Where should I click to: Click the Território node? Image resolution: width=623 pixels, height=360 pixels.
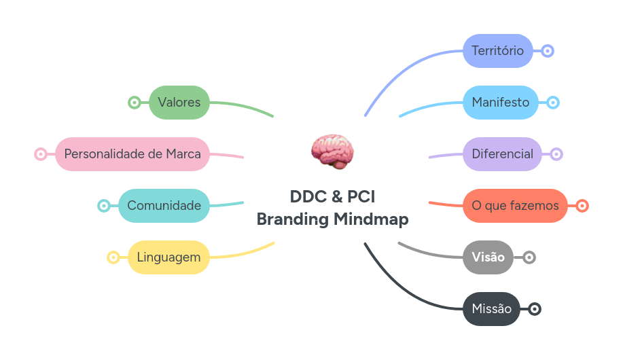point(497,51)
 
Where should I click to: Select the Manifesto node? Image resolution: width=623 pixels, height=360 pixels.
point(500,103)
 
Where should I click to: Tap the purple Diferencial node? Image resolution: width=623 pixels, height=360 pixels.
point(502,154)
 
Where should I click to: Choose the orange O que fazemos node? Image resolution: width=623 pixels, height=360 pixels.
point(515,206)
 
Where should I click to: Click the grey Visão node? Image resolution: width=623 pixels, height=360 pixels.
point(488,257)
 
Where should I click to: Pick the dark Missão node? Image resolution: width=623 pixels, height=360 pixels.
point(491,309)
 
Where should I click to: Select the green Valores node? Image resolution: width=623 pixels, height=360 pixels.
point(179,103)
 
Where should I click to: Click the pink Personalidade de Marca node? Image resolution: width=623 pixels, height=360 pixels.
point(132,154)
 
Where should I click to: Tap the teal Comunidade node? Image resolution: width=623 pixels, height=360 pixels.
point(164,206)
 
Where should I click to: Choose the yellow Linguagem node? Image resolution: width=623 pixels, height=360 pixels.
point(168,257)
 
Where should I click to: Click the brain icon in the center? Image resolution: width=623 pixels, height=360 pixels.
point(332,150)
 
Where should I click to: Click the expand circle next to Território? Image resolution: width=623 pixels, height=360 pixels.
point(548,51)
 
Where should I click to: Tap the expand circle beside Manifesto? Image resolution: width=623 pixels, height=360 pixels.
point(553,103)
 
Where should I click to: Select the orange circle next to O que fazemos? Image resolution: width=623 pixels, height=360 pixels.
point(582,206)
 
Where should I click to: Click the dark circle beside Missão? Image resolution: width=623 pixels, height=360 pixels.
point(535,309)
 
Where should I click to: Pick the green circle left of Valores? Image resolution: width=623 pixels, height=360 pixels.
point(135,103)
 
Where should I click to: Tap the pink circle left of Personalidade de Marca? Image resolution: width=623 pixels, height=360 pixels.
point(41,154)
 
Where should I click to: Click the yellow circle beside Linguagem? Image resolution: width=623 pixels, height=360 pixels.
point(113,257)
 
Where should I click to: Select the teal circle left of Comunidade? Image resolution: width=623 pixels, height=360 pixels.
point(104,206)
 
